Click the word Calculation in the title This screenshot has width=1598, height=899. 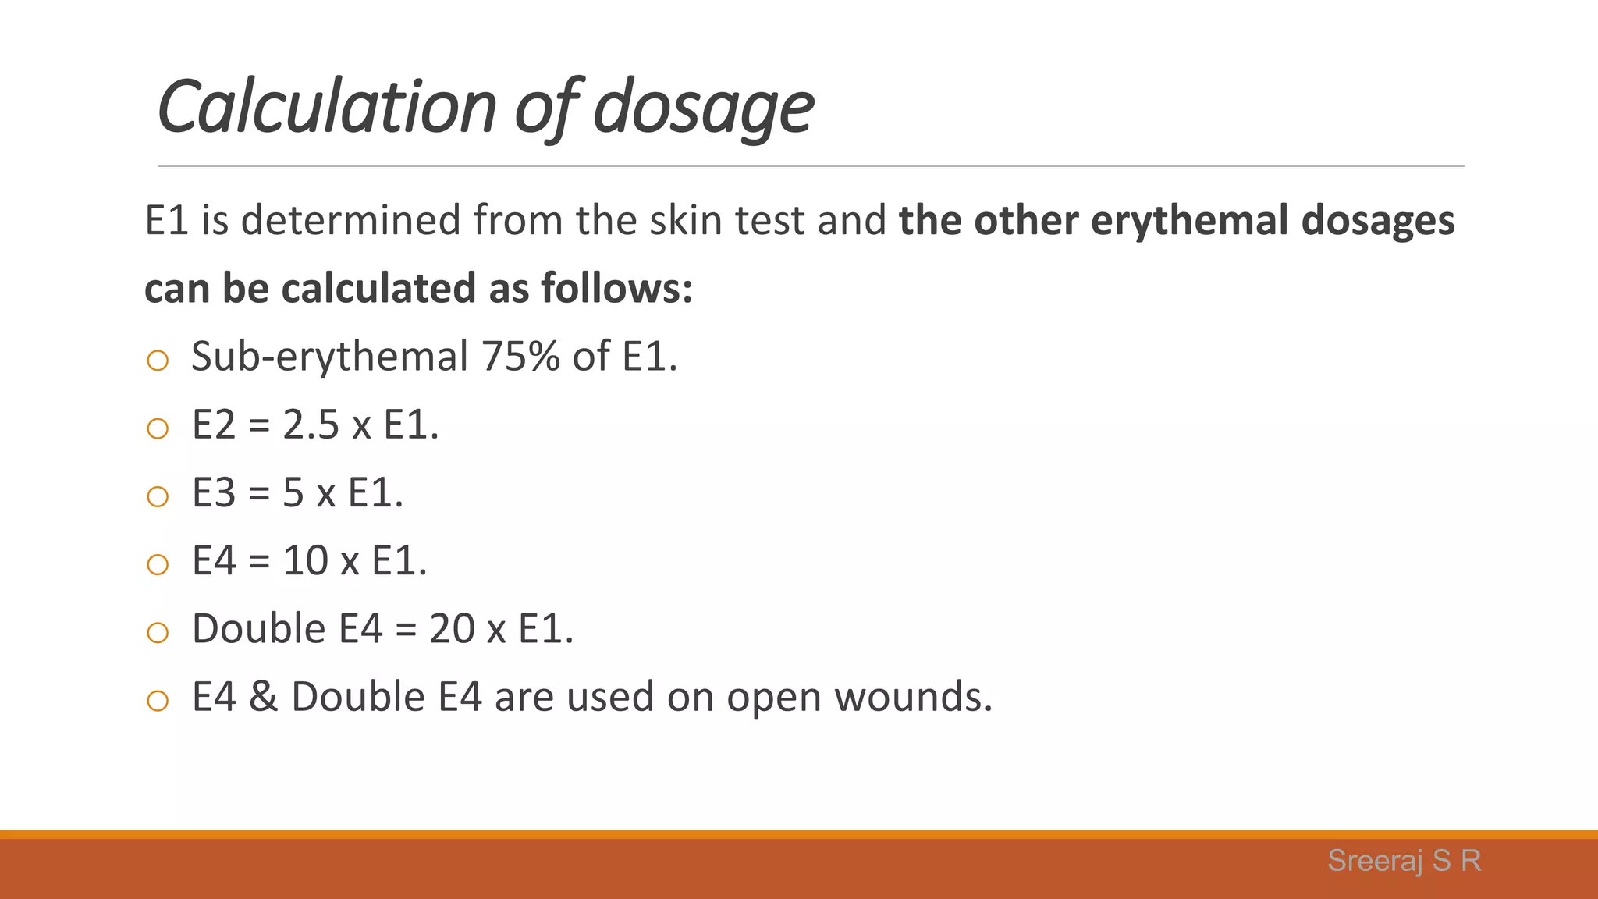point(327,107)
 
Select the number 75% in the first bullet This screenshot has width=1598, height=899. point(520,357)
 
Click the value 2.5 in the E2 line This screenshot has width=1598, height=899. point(311,425)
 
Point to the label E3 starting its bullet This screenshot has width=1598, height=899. point(214,493)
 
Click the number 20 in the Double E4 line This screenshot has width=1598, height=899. point(452,629)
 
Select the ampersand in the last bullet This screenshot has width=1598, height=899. point(263,697)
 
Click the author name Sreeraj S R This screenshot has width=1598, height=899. point(1404,861)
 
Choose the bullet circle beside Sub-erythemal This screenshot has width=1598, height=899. point(158,361)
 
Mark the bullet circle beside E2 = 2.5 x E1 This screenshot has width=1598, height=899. point(158,428)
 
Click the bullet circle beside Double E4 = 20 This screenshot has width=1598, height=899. point(158,632)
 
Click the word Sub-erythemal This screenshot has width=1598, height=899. point(329,357)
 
